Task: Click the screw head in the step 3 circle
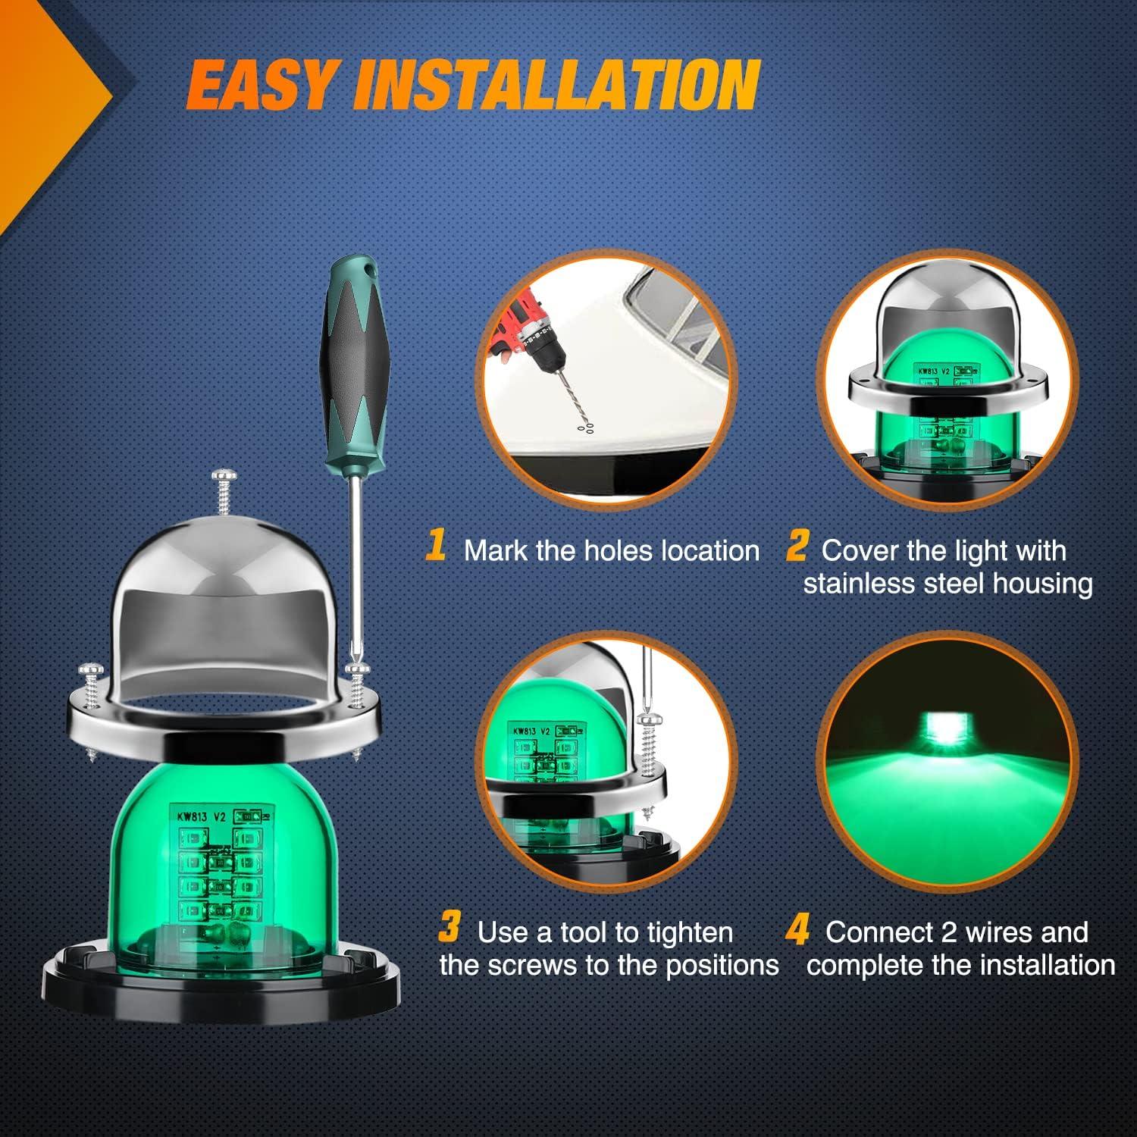(x=649, y=719)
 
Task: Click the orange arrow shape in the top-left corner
(x=45, y=99)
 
